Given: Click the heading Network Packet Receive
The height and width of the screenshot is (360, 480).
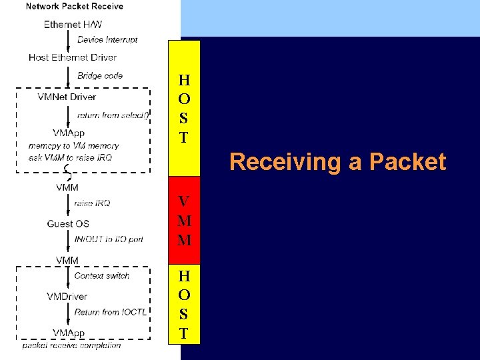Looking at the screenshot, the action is pyautogui.click(x=74, y=7).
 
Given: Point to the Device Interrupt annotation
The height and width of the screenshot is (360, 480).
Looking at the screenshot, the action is pyautogui.click(x=107, y=40).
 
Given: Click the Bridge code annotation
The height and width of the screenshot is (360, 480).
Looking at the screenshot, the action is pyautogui.click(x=100, y=76).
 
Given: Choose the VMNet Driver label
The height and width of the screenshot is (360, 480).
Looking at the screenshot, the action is pyautogui.click(x=67, y=97).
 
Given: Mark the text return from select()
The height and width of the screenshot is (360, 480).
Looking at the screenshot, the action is pyautogui.click(x=113, y=115).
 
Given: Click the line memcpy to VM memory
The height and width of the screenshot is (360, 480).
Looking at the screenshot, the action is pyautogui.click(x=73, y=145).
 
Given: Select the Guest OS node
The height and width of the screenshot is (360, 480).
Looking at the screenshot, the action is pyautogui.click(x=68, y=223).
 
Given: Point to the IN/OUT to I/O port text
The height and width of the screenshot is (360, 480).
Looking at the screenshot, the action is pyautogui.click(x=109, y=239).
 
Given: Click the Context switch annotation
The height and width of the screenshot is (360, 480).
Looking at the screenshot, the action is pyautogui.click(x=101, y=276).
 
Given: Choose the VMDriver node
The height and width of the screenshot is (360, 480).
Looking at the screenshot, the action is pyautogui.click(x=67, y=296).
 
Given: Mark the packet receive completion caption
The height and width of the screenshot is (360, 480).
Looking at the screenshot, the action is pyautogui.click(x=71, y=345).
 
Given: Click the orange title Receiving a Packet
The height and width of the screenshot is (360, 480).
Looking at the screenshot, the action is pyautogui.click(x=337, y=162).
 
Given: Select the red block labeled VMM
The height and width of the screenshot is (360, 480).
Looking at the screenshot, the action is pyautogui.click(x=184, y=221).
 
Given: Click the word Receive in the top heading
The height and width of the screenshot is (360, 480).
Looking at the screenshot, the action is pyautogui.click(x=107, y=7).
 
